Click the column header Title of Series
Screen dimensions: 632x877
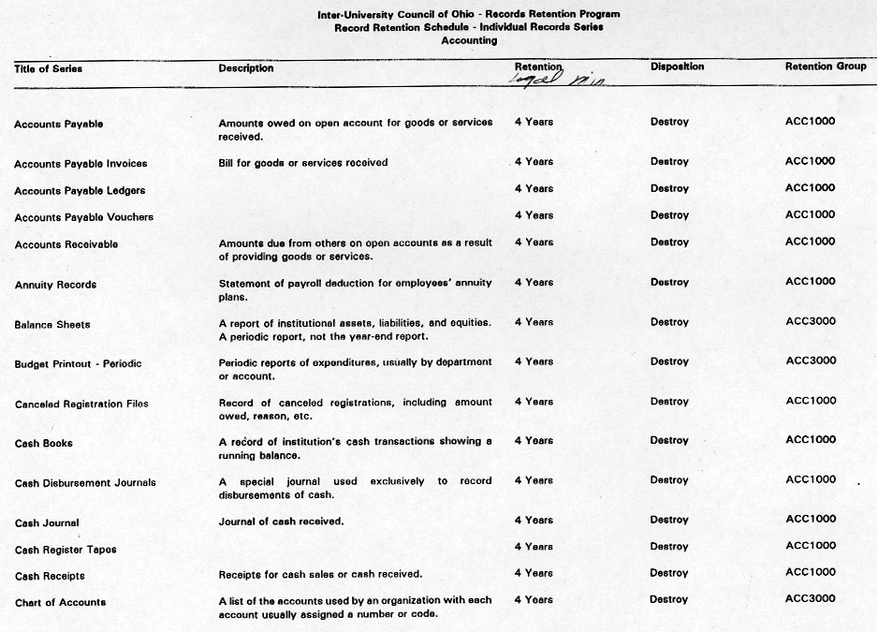tap(48, 68)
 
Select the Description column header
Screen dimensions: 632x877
tap(246, 68)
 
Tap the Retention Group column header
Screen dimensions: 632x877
tap(826, 66)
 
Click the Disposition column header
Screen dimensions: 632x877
tap(677, 66)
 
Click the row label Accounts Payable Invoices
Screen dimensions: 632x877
tap(80, 164)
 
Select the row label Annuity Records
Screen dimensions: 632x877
tap(55, 285)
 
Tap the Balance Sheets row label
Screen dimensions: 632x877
tap(52, 325)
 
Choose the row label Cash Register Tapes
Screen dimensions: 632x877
tap(66, 550)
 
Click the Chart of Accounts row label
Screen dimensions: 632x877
tap(60, 602)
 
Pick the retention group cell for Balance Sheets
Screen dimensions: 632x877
tap(810, 321)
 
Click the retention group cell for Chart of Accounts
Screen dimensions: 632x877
tap(810, 598)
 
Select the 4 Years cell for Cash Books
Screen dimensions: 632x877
tap(534, 440)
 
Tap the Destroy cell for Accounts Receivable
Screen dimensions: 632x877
tap(669, 242)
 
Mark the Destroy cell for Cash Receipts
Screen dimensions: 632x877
tap(669, 572)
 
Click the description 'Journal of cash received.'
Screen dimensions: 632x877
tap(281, 522)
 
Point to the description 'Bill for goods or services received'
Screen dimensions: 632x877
tap(302, 163)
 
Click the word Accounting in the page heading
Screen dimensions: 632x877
tap(469, 41)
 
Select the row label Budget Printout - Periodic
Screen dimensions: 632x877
tap(78, 363)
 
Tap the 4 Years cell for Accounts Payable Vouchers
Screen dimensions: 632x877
tap(534, 215)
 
